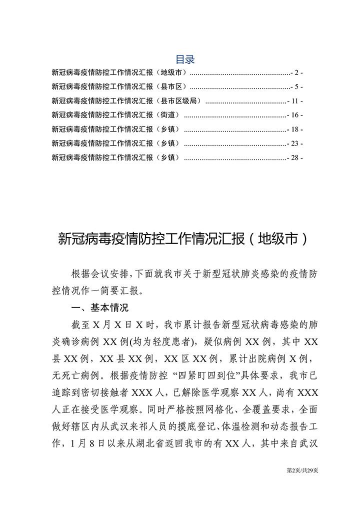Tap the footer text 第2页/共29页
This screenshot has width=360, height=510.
302,470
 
